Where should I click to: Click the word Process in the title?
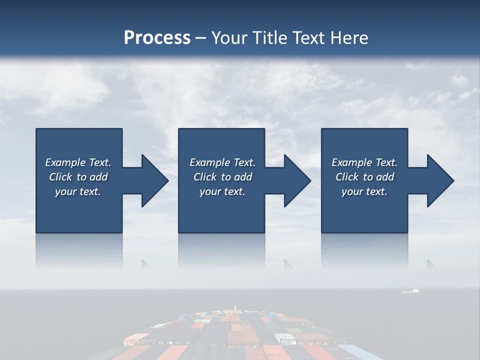[x=157, y=38]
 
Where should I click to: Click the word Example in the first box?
[x=65, y=162]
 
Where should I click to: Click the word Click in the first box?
[x=61, y=177]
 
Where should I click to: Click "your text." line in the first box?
[x=78, y=191]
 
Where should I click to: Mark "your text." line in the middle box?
[x=222, y=191]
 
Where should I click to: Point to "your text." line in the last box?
[x=364, y=191]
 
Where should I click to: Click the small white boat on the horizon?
[x=411, y=290]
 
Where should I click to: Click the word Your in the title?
[x=228, y=38]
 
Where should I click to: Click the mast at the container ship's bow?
[x=235, y=306]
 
